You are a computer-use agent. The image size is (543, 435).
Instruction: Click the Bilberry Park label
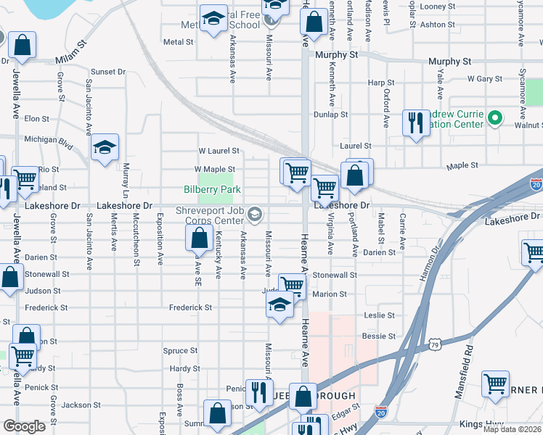click(x=211, y=189)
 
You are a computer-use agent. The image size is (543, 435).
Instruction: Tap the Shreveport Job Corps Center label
click(x=209, y=215)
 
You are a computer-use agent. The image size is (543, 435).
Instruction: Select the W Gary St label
click(x=486, y=78)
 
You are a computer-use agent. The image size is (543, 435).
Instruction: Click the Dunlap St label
click(x=330, y=115)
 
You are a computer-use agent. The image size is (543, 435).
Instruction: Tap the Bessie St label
click(x=378, y=336)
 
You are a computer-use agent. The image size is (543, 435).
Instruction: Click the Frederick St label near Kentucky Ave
click(x=189, y=307)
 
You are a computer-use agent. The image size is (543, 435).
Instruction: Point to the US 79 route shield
click(x=434, y=342)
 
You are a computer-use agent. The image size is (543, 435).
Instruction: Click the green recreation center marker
click(x=496, y=117)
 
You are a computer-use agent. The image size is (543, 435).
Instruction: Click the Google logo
click(x=24, y=426)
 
